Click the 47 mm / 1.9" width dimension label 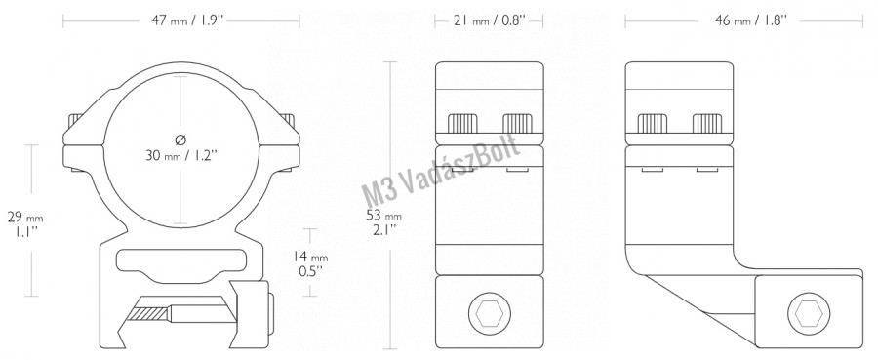(187, 21)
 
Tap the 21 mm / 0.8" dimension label (489, 21)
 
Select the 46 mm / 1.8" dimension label (751, 21)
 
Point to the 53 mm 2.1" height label (383, 221)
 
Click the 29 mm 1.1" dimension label (24, 223)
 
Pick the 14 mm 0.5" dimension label (311, 263)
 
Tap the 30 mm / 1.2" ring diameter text (180, 156)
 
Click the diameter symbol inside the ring (180, 139)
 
